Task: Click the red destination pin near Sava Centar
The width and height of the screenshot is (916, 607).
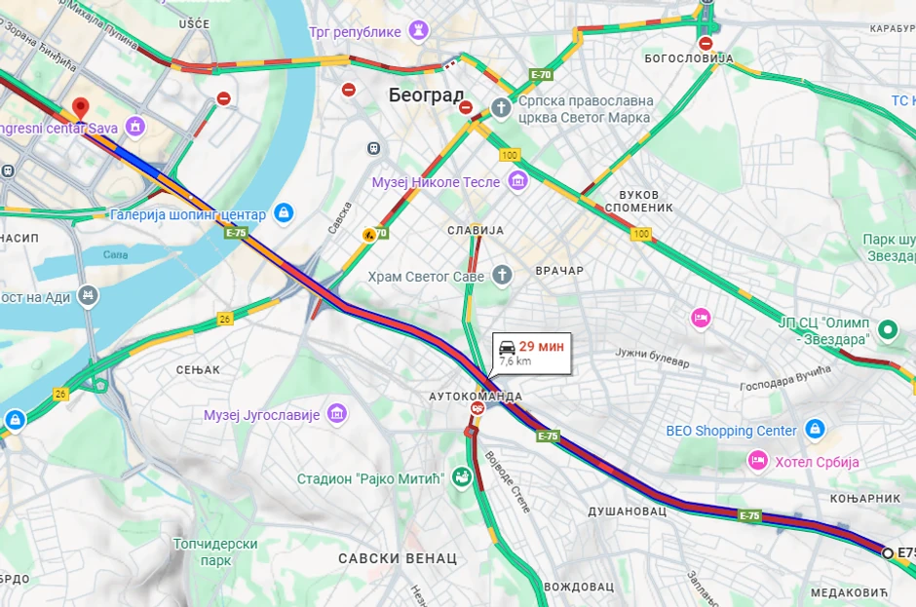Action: [x=81, y=107]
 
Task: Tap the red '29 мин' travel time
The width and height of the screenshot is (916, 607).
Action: [x=541, y=346]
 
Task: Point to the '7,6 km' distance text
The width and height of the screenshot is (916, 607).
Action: [x=515, y=361]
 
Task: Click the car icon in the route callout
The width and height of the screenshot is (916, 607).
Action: [x=507, y=347]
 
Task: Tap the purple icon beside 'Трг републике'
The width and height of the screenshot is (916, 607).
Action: [x=420, y=31]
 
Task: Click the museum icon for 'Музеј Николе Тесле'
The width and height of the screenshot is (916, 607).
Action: [x=517, y=181]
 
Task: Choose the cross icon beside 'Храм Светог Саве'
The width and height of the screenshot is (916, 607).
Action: [x=502, y=276]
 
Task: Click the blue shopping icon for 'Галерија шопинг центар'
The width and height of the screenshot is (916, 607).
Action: [x=284, y=213]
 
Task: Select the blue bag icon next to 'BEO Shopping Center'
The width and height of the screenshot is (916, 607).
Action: [x=815, y=430]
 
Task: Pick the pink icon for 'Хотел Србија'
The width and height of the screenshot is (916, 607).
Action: [x=757, y=460]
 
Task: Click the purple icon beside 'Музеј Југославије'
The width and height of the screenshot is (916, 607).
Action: [x=337, y=414]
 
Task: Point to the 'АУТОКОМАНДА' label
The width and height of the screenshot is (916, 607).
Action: [x=476, y=397]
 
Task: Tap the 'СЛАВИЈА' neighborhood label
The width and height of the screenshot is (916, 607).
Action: [x=475, y=230]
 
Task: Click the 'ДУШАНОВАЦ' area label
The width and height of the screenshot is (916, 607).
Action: [x=627, y=511]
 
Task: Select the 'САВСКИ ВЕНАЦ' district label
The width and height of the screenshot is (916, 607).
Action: [x=398, y=558]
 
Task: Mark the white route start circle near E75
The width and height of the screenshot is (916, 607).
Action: [x=888, y=552]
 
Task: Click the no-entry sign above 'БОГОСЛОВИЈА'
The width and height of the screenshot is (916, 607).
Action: [x=706, y=43]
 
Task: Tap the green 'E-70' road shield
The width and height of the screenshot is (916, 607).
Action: [x=541, y=74]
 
